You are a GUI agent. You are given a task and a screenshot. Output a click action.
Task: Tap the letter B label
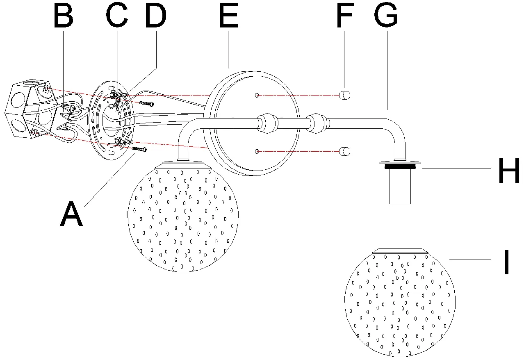coord(64,16)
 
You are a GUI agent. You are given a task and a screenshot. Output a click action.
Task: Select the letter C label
coord(117,15)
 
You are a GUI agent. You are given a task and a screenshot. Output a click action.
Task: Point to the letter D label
coord(156,16)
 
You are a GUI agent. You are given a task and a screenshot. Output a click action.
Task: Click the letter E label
coord(229,16)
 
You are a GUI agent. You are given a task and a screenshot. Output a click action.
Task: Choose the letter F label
coord(344,16)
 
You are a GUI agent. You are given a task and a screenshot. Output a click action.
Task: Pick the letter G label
coord(386,15)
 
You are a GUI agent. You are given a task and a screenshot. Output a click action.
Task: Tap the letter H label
coord(509,171)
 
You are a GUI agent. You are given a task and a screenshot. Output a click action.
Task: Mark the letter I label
coord(507,262)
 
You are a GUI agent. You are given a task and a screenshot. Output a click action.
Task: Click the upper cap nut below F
coord(344,95)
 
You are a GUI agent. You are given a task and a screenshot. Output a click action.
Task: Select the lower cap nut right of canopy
coord(344,151)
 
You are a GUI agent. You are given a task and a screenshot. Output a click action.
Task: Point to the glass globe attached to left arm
coord(183,216)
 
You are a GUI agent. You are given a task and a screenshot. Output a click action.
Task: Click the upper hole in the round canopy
coord(257,95)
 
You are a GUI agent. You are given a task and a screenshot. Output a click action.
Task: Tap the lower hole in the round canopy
coord(257,151)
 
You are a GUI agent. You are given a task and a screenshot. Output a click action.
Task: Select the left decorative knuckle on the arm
coord(268,123)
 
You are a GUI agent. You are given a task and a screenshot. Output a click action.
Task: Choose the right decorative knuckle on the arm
coord(318,123)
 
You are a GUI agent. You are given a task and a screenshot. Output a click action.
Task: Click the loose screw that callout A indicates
coord(139,149)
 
